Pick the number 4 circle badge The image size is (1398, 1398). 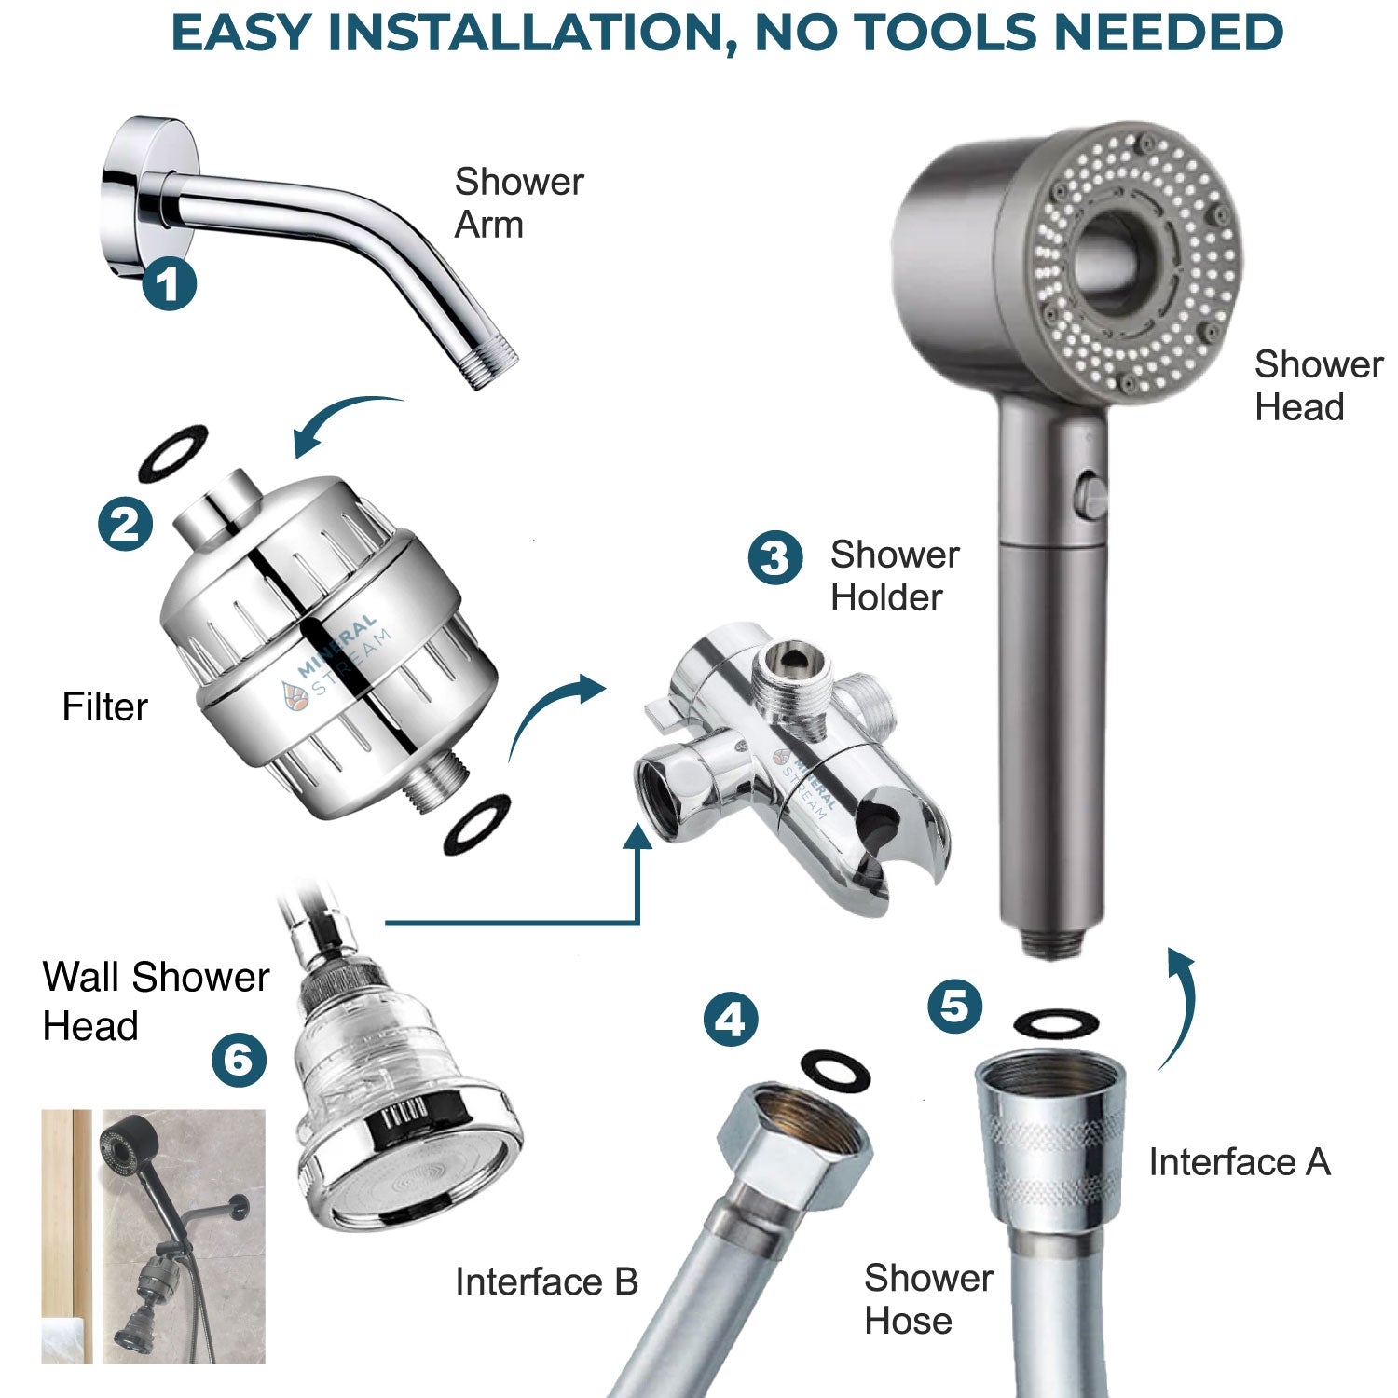pos(731,1019)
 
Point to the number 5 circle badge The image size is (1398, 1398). pos(955,1006)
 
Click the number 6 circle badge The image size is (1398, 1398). pos(239,1060)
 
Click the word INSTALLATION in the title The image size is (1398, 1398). pos(528,34)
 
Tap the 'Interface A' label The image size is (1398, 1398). pos(1239,1162)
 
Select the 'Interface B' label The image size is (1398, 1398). pos(546,1282)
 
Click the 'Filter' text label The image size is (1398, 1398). pos(104,706)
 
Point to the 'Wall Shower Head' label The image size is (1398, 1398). pos(155,1001)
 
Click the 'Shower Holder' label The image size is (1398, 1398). pos(895,576)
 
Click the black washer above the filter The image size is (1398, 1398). pos(173,452)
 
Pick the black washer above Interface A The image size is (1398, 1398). pos(1055,1023)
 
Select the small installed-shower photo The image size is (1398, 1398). pos(154,1236)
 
